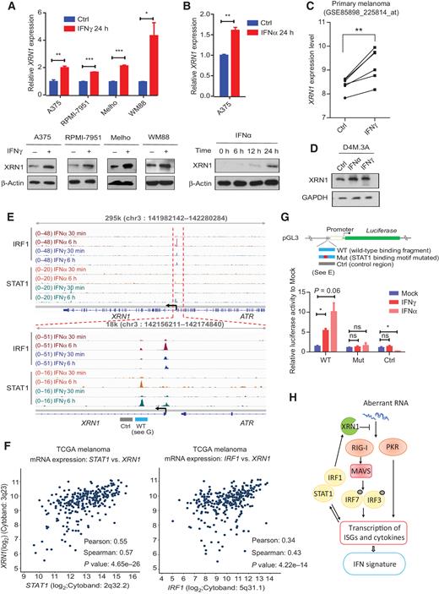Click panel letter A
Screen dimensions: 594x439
(7, 7)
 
